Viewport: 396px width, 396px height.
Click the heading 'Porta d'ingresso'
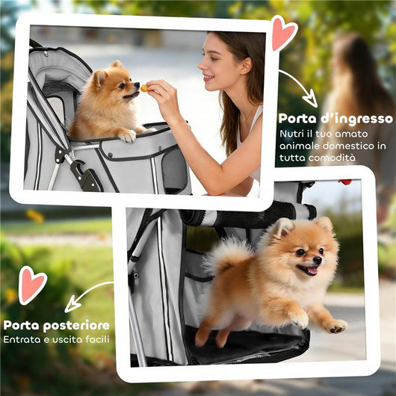(x=335, y=118)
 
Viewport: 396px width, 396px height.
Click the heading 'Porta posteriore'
(x=57, y=325)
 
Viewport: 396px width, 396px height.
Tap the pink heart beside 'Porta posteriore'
(x=32, y=284)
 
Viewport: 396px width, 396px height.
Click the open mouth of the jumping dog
(x=309, y=270)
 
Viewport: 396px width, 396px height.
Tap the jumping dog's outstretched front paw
(x=335, y=326)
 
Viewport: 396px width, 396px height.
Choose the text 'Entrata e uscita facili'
(x=57, y=340)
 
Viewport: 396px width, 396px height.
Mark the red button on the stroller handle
(x=344, y=182)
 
